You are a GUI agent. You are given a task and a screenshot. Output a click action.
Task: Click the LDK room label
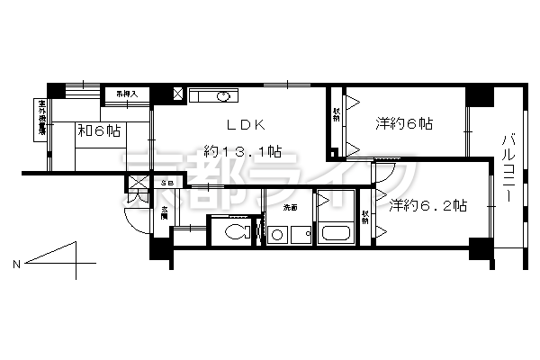238,127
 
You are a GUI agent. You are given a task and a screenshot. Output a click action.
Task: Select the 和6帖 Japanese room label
99,131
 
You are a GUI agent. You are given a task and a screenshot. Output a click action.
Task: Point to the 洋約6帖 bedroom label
404,123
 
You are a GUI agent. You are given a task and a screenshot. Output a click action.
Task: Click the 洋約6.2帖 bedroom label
427,205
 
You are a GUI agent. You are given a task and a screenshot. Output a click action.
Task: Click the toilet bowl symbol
233,233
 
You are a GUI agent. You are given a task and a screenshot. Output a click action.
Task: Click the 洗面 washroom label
290,208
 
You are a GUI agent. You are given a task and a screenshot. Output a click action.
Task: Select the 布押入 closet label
124,93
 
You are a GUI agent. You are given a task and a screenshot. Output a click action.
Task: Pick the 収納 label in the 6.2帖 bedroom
366,216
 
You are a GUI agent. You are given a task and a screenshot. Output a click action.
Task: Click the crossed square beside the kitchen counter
177,94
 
